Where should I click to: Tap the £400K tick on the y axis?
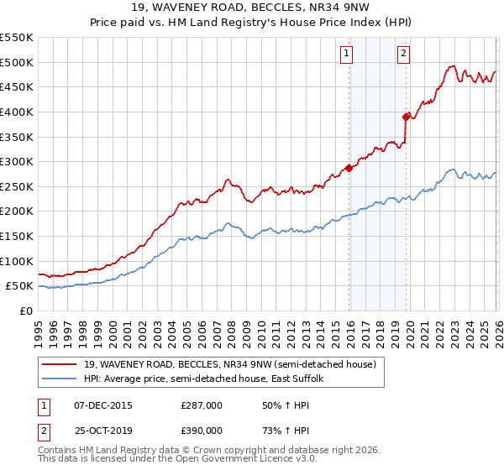18,112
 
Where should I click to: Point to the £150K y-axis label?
18,237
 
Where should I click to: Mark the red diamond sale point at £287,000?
348,168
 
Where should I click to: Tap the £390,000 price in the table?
202,430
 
